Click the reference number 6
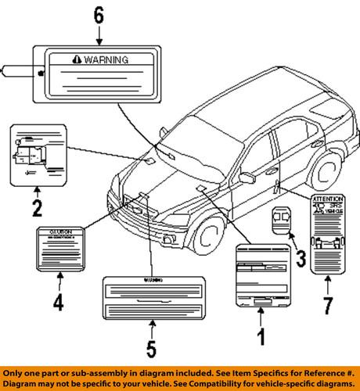[98, 15]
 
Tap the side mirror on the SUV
[247, 178]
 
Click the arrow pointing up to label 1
[261, 317]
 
